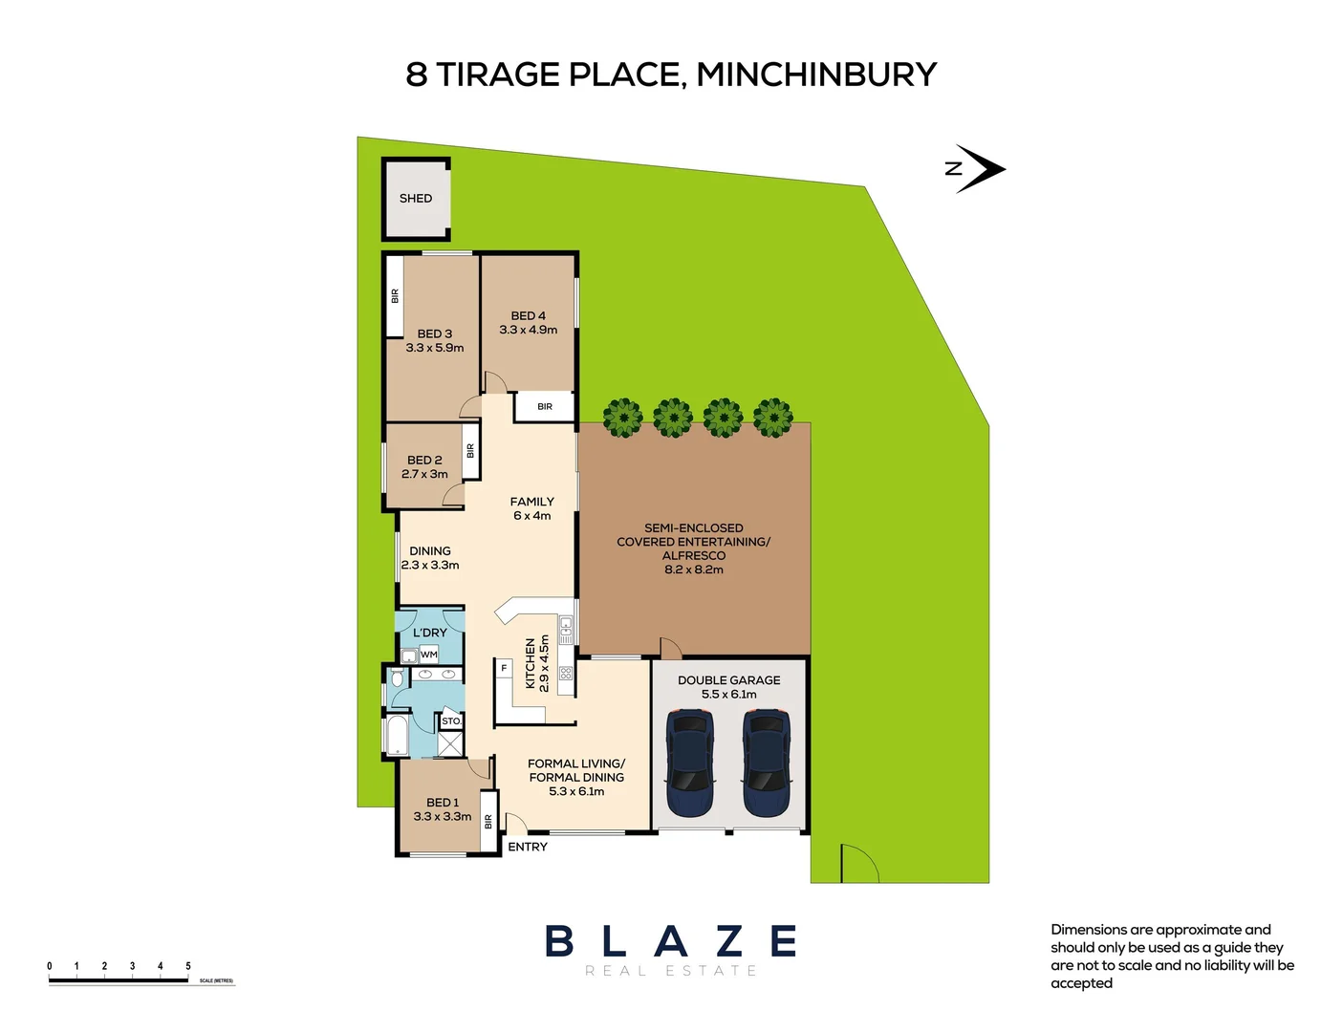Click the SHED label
coord(416,199)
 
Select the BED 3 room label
coord(434,333)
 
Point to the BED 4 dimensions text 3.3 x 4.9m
coord(528,330)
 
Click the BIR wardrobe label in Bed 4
coord(545,407)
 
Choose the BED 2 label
coord(424,460)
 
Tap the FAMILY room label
coord(531,502)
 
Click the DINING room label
coord(430,551)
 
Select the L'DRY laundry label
coord(430,633)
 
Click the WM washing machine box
coord(429,655)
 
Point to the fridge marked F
coord(504,668)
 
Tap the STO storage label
coord(450,721)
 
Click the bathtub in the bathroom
coord(397,736)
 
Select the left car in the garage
coord(689,763)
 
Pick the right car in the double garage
coord(767,763)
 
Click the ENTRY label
coord(528,848)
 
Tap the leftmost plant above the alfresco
coord(623,418)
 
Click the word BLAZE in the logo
coord(671,942)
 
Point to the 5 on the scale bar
coord(188,966)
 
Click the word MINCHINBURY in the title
coord(816,75)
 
